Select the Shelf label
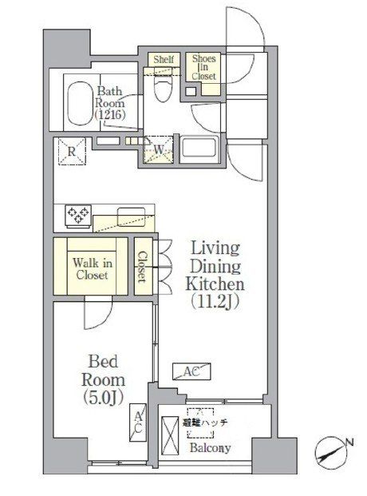point(164,59)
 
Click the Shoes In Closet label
point(203,67)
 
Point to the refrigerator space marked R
point(72,151)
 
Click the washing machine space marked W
point(159,149)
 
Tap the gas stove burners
point(78,215)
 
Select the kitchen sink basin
point(131,216)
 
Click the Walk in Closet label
point(93,268)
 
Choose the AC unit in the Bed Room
point(138,423)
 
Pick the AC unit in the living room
point(191,371)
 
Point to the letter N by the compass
point(349,442)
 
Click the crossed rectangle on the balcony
point(170,435)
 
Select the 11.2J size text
point(215,303)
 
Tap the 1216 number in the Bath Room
point(110,114)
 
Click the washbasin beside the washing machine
point(199,146)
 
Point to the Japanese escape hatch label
point(205,422)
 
